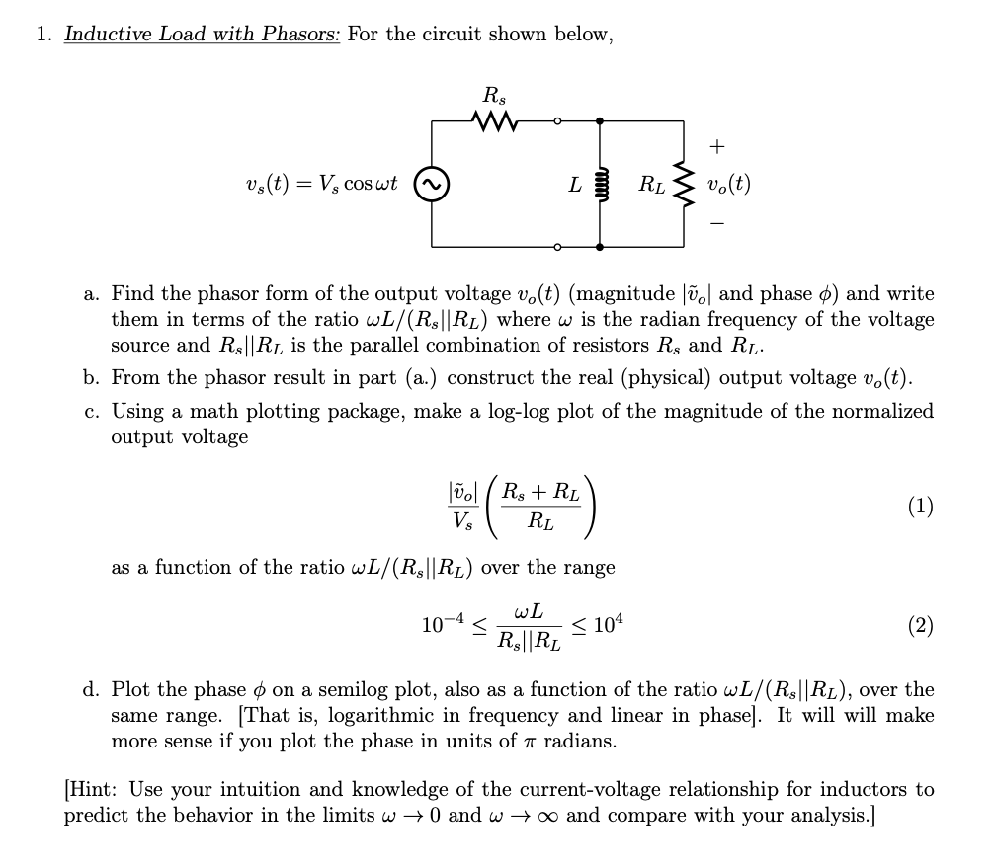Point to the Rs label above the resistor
(491, 96)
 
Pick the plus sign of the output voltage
(717, 147)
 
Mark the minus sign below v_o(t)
(717, 223)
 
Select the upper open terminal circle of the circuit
(556, 122)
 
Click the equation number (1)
(920, 507)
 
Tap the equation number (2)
(920, 624)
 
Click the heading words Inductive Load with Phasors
(203, 35)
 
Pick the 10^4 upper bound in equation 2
(606, 623)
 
